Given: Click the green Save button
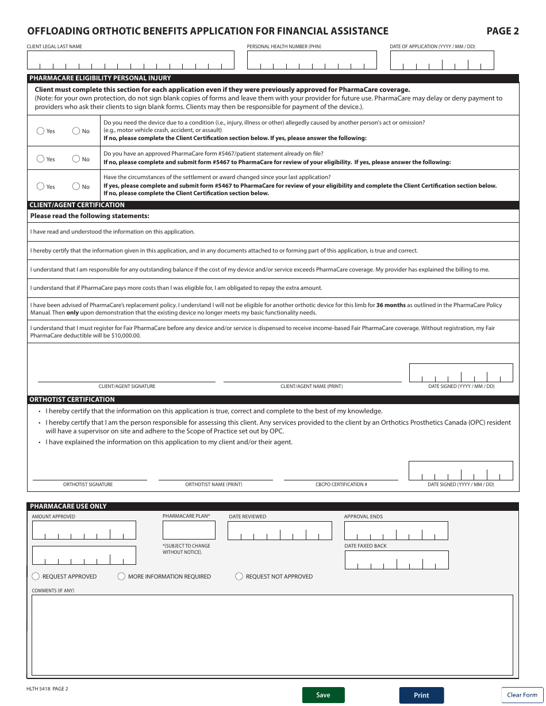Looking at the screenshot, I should (323, 695).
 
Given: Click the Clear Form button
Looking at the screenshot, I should (522, 695).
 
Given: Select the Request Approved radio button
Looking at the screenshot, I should (36, 576).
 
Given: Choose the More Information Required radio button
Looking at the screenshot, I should (121, 576).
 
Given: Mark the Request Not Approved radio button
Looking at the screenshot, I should (239, 576).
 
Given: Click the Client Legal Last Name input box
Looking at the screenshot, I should (130, 60).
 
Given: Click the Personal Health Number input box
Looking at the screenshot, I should (312, 60).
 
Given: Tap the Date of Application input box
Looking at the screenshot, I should (441, 60).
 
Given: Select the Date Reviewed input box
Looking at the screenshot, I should (279, 530).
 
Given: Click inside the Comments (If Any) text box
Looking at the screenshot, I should (272, 634).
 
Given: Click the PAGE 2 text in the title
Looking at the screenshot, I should (502, 32).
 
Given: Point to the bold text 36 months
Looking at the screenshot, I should (391, 305).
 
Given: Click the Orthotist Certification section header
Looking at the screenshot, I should (72, 399).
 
